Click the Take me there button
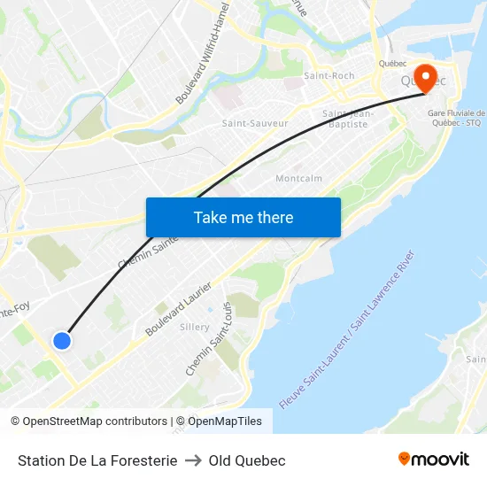(243, 217)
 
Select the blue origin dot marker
(61, 340)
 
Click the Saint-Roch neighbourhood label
(329, 76)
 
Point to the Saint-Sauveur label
(255, 123)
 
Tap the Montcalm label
(298, 178)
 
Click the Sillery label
(195, 327)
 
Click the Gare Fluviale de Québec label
(457, 118)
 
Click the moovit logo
(433, 460)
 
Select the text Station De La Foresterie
(97, 460)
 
